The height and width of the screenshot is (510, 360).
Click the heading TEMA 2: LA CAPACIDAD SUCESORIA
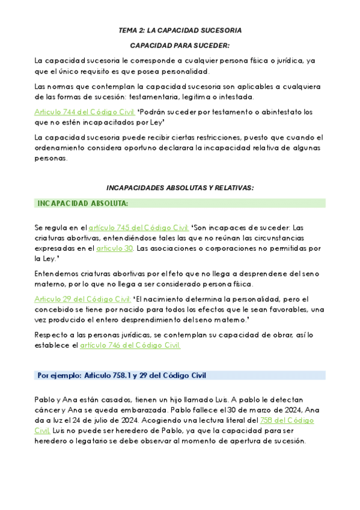pos(180,30)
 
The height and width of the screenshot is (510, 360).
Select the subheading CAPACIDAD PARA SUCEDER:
pos(180,45)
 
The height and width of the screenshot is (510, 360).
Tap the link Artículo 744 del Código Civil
pos(84,112)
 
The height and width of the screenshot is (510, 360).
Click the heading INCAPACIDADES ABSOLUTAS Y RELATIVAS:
pos(180,188)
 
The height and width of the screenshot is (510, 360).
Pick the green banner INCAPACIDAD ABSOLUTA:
pos(180,203)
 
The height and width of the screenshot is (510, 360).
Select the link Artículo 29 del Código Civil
pos(82,299)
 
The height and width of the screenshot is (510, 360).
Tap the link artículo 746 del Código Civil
pos(130,345)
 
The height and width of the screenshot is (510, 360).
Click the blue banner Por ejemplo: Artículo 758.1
pos(180,375)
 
